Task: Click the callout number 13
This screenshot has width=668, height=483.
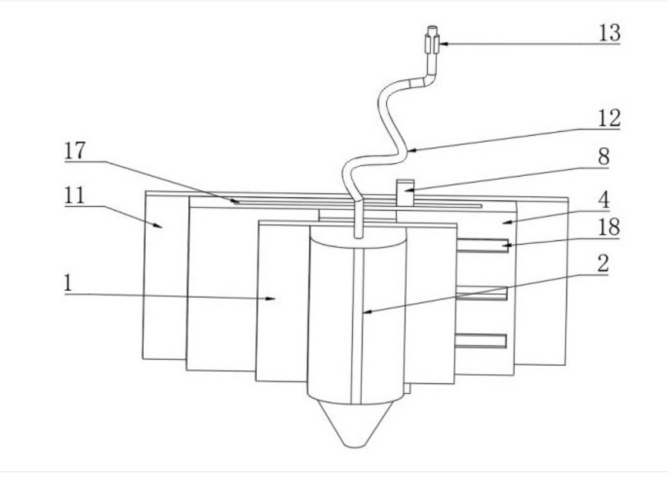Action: [x=610, y=33]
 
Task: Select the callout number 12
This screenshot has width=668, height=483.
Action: [x=609, y=118]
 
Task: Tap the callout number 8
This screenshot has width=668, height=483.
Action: [x=603, y=157]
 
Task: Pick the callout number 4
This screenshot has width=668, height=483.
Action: [x=603, y=200]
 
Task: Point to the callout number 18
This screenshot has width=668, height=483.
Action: [x=609, y=227]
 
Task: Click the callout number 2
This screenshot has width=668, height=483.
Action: [x=603, y=264]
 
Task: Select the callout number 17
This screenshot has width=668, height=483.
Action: [x=75, y=151]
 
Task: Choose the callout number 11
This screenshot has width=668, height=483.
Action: [x=74, y=196]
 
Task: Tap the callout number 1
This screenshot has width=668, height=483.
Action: [x=68, y=283]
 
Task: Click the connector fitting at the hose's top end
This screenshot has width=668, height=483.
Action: [x=432, y=40]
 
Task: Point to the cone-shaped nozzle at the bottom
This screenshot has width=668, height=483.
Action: [x=356, y=425]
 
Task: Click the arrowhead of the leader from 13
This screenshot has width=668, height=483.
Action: [x=444, y=44]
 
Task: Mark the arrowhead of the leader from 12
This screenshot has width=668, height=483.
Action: [x=412, y=150]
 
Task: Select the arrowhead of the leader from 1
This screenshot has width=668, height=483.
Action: [x=271, y=298]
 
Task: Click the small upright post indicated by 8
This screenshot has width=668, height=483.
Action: [x=405, y=193]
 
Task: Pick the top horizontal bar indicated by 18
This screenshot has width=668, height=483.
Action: [x=482, y=245]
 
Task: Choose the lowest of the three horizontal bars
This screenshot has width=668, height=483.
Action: [x=481, y=341]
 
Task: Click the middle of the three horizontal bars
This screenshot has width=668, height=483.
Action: [x=481, y=293]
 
